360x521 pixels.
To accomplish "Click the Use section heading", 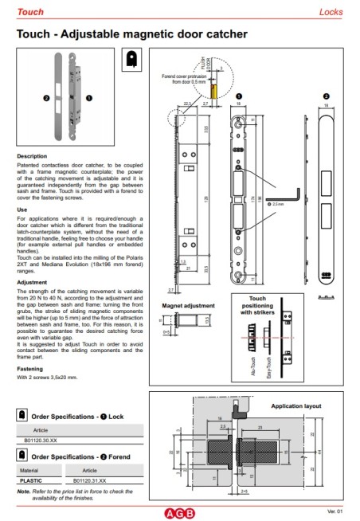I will (x=22, y=209).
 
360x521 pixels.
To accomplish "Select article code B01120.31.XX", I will (x=89, y=481).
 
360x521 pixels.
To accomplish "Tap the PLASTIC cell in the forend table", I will (x=33, y=481).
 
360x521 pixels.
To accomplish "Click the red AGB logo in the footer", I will (x=179, y=511).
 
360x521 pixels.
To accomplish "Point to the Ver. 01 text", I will (x=335, y=511).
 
